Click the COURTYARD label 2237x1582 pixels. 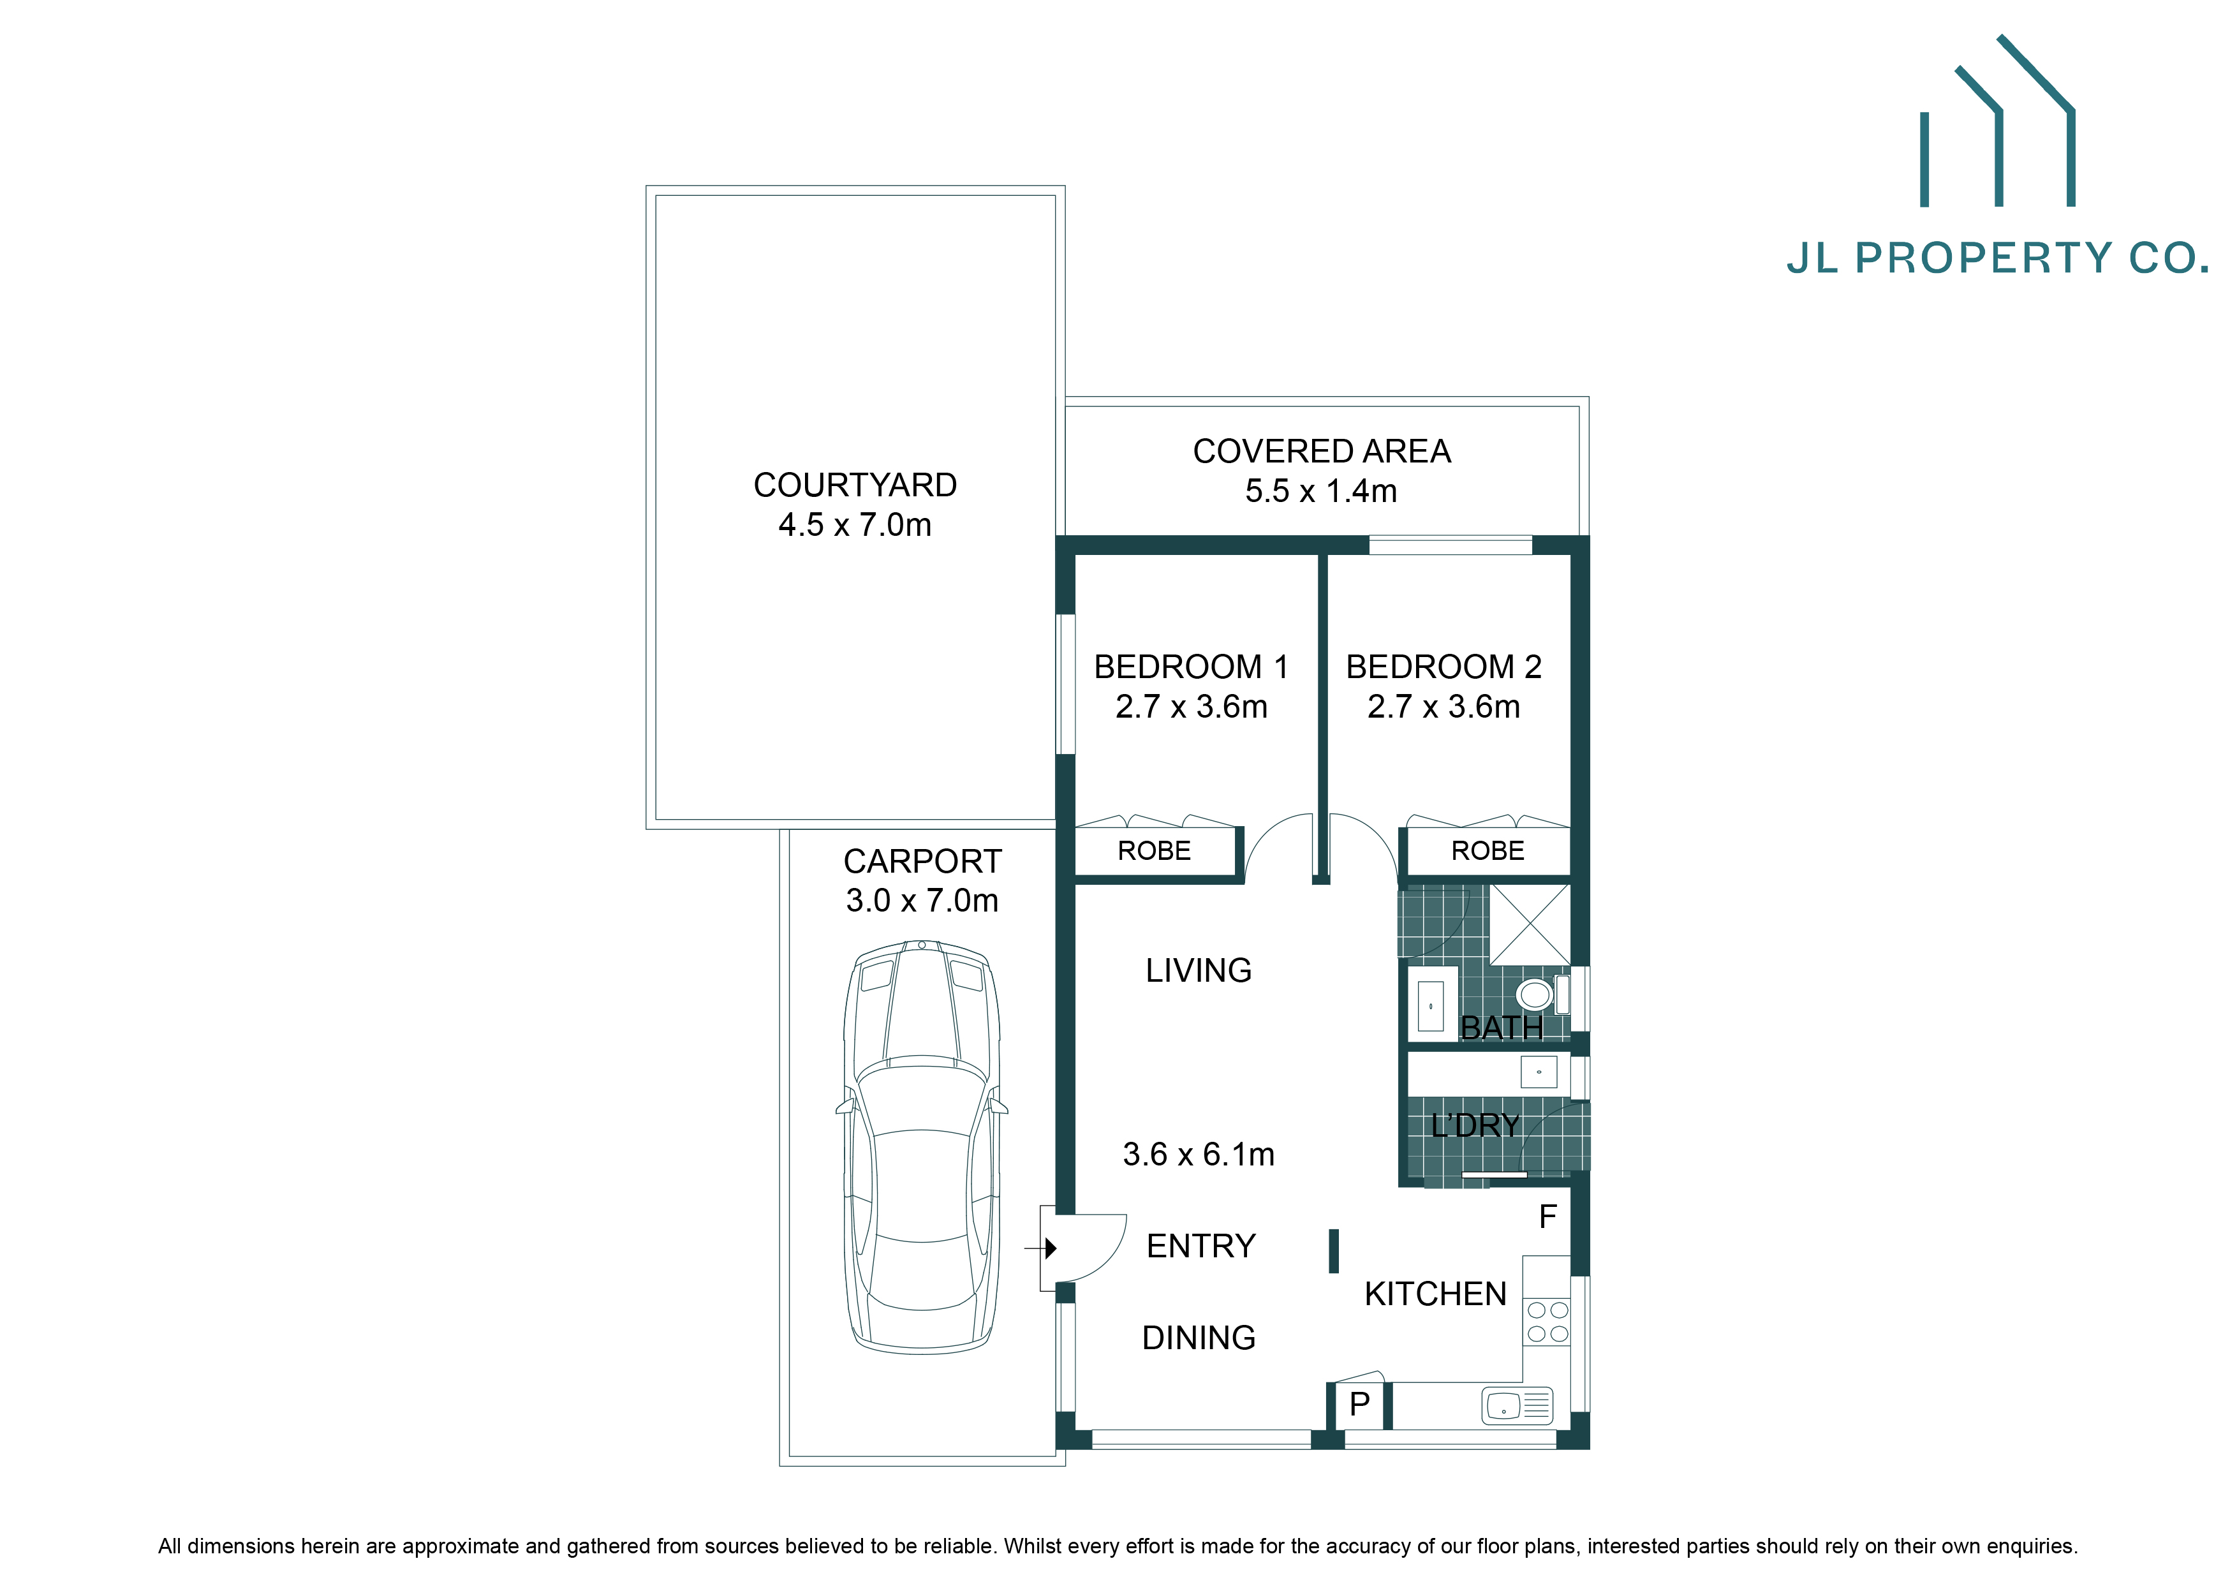855,485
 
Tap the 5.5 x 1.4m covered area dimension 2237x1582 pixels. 1320,491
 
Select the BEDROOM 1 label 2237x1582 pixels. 1191,667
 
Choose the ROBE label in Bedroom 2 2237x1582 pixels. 1487,852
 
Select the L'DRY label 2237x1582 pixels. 1475,1126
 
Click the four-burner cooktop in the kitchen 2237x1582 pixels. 1547,1322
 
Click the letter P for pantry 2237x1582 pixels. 1359,1404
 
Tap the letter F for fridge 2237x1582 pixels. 1547,1216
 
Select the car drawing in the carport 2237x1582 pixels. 922,1146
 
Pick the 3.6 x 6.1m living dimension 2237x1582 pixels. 1199,1155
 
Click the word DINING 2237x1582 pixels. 1199,1338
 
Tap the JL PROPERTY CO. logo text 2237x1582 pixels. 1997,258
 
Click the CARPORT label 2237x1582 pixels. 922,861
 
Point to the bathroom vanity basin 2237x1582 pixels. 1430,1006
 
